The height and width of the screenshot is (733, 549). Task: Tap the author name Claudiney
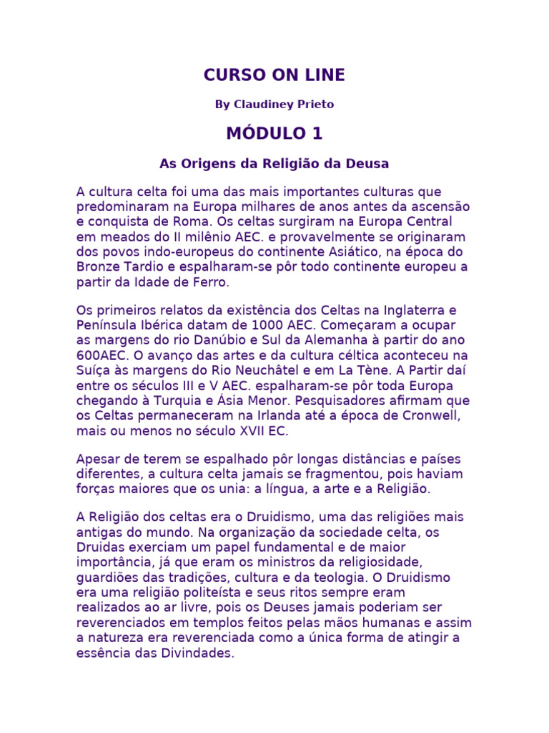(x=262, y=105)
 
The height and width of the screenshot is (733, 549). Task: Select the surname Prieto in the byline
(x=314, y=105)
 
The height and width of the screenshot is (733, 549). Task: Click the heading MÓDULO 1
(x=274, y=134)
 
